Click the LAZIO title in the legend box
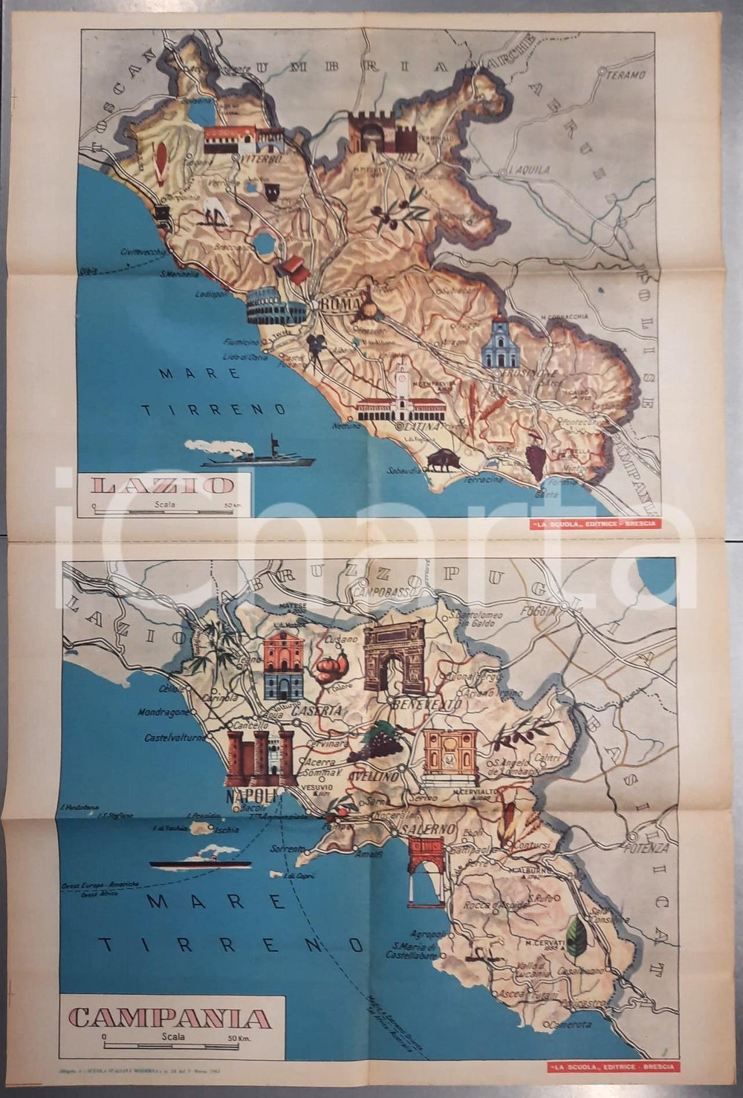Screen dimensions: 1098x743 coord(161,486)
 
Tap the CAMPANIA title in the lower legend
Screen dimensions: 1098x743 coord(169,1016)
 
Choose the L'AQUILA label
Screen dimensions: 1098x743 coord(528,169)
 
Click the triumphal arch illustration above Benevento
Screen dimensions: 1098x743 coord(392,657)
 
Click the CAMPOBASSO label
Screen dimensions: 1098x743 coord(383,594)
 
